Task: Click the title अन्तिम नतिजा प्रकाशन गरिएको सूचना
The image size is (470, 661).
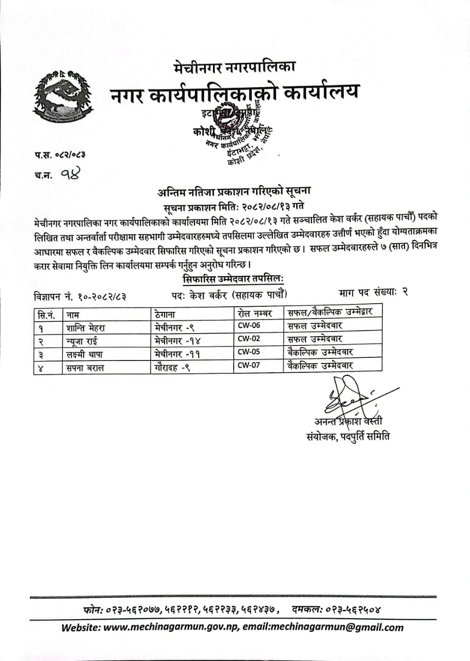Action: pos(234,192)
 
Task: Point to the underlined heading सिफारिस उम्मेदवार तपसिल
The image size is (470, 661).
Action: pos(234,279)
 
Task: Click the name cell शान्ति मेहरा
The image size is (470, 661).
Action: pos(86,326)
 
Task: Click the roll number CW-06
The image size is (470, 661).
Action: pos(248,326)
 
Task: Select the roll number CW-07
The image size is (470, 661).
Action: pos(248,365)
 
